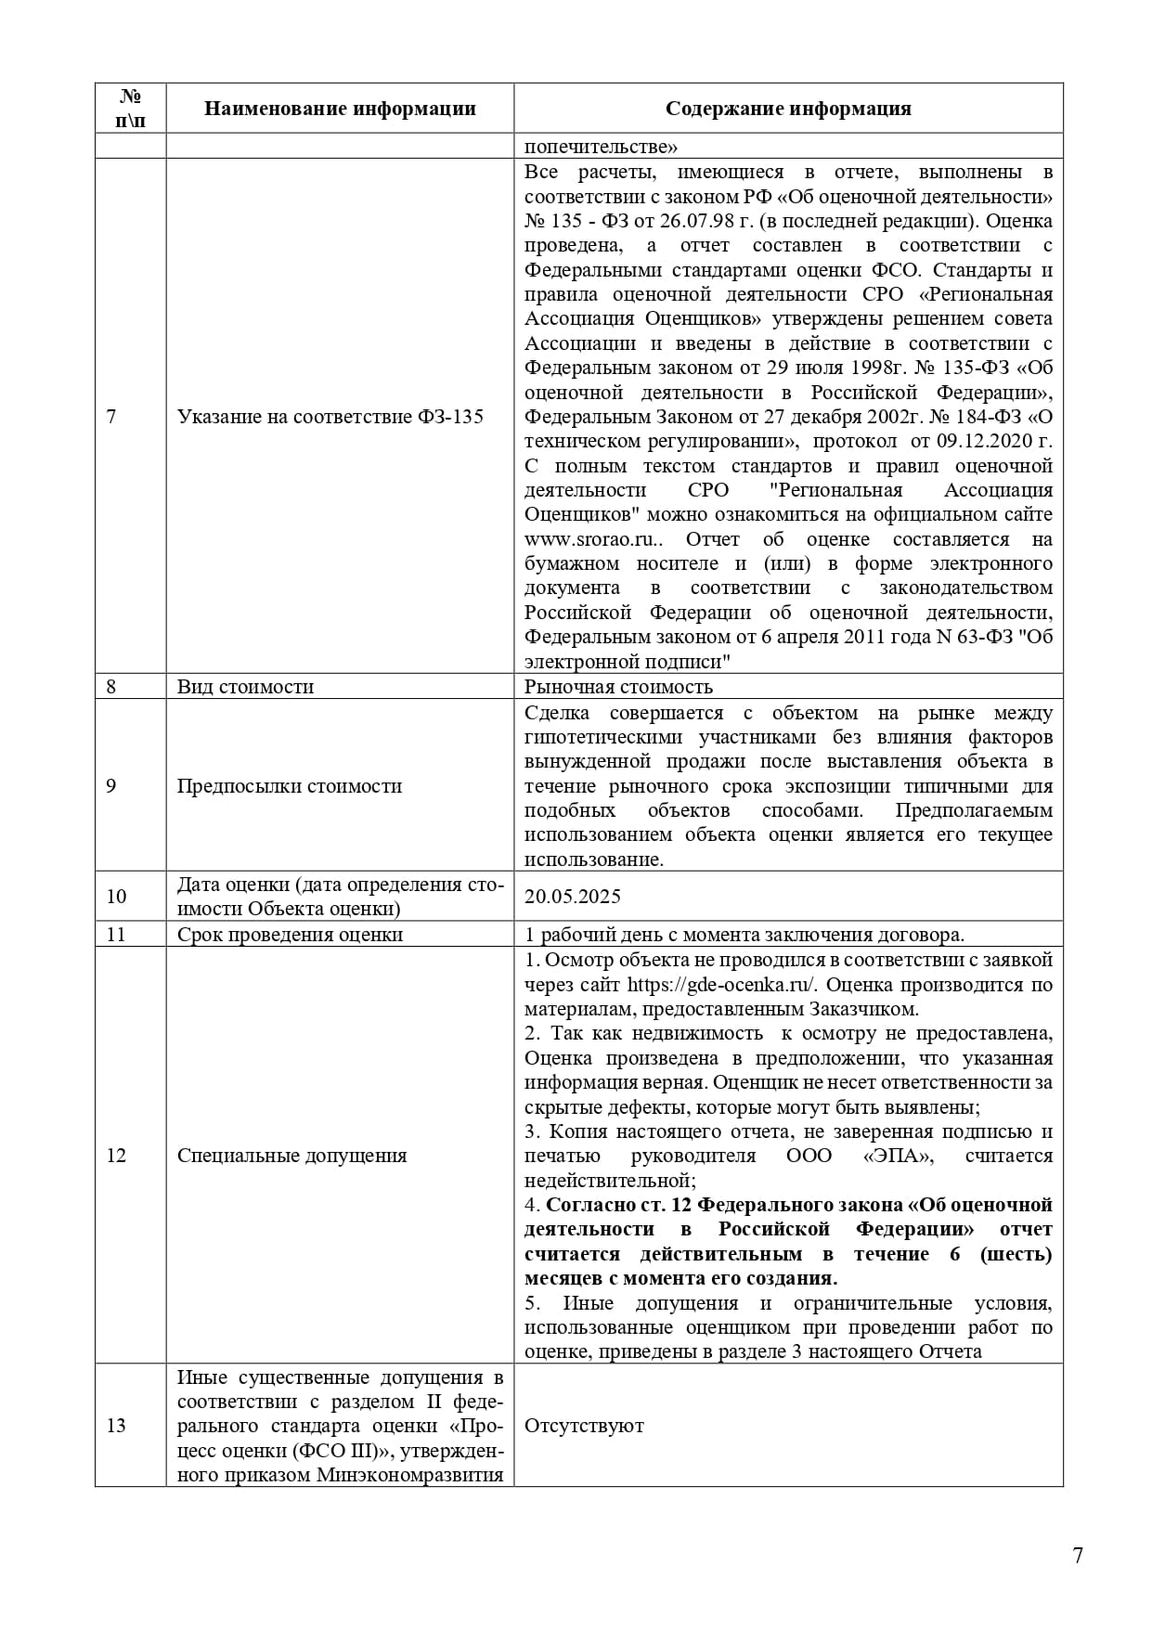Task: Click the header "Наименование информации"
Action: click(x=340, y=109)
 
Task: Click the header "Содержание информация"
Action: click(x=788, y=109)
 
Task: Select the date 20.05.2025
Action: click(x=573, y=897)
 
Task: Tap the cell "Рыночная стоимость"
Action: click(x=618, y=687)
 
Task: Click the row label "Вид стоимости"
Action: click(x=245, y=687)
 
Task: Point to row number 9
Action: click(x=111, y=786)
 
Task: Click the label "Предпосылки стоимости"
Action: click(x=290, y=786)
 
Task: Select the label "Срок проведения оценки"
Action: click(x=290, y=935)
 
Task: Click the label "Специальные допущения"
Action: click(x=291, y=1156)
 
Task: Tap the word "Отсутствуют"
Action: click(x=584, y=1426)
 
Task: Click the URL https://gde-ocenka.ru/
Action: click(x=721, y=985)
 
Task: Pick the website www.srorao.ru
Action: click(x=579, y=539)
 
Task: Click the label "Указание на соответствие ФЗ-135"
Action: click(x=330, y=417)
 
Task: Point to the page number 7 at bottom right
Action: click(x=1078, y=1557)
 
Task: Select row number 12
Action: click(x=116, y=1156)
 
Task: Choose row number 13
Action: click(x=116, y=1426)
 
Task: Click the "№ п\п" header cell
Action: click(x=131, y=109)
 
